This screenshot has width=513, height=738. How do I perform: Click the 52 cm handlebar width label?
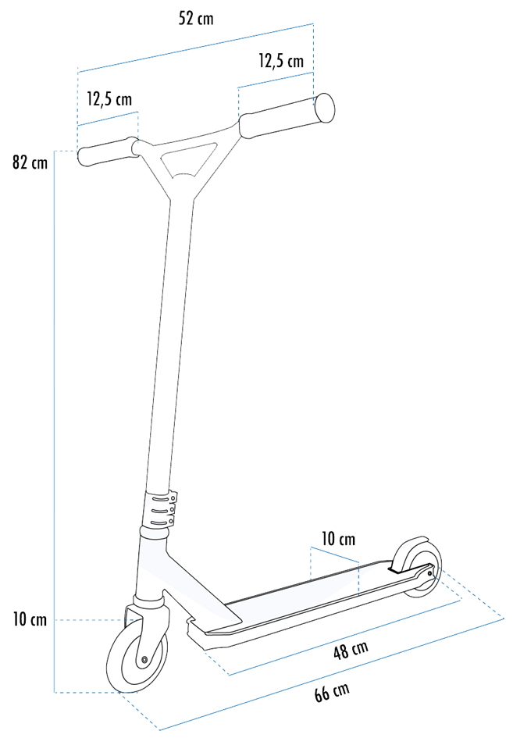coord(196,19)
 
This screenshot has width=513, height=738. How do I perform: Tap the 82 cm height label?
coord(30,162)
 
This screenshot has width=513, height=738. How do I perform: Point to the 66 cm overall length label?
coord(333,692)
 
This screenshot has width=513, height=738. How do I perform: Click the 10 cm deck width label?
coord(338,539)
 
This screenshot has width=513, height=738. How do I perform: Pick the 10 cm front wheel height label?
coord(30,619)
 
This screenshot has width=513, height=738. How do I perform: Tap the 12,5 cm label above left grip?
coord(109,99)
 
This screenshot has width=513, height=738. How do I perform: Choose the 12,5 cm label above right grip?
coord(281,61)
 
